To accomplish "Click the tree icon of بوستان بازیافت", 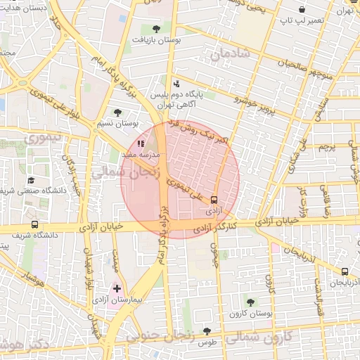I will click(x=156, y=29).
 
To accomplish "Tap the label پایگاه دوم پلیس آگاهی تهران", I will click(x=176, y=98).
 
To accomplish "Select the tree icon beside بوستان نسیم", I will click(x=117, y=112).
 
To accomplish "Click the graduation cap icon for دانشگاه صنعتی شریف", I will click(x=31, y=181).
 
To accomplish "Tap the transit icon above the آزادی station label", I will click(x=214, y=199).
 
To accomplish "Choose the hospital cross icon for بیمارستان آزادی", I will click(x=117, y=288).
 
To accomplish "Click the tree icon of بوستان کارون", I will click(x=250, y=303).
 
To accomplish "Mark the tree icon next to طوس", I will click(x=207, y=330).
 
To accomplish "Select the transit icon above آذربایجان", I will click(x=345, y=271).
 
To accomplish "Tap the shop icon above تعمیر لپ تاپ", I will click(x=302, y=10).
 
